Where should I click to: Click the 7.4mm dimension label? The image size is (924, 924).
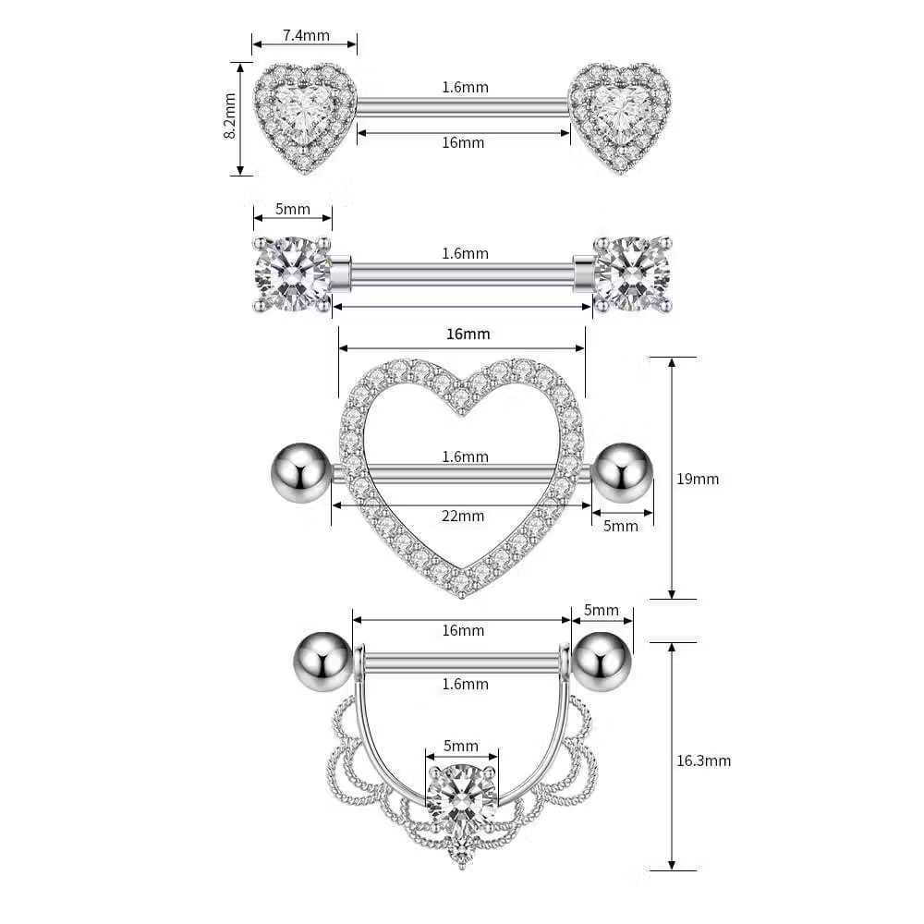click(x=306, y=35)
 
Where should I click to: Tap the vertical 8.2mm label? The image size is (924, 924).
click(x=230, y=116)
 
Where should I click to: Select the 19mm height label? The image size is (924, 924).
click(x=698, y=479)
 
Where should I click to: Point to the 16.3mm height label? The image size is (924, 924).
click(x=703, y=760)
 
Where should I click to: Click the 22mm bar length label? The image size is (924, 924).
click(x=463, y=516)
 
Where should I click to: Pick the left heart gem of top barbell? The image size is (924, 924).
click(x=305, y=117)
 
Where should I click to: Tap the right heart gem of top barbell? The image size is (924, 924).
click(x=620, y=118)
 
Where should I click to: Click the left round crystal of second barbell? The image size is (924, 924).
click(x=292, y=274)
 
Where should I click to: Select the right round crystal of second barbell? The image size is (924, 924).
click(x=633, y=274)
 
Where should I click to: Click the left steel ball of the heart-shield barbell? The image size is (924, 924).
click(x=300, y=472)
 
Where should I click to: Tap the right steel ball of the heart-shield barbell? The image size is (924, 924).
click(x=623, y=472)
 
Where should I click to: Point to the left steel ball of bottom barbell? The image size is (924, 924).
click(x=322, y=662)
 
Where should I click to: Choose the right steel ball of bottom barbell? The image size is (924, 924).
click(x=602, y=662)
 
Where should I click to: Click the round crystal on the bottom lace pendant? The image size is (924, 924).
click(x=462, y=797)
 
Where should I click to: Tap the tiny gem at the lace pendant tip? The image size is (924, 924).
click(x=461, y=853)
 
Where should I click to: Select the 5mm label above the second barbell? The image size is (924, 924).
click(x=293, y=209)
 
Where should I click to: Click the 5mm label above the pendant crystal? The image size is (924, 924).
click(x=461, y=746)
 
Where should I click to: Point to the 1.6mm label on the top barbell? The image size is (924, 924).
click(x=466, y=87)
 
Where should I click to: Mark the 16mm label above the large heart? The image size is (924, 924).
click(x=468, y=334)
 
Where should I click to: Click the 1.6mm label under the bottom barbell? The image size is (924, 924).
click(x=466, y=684)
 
